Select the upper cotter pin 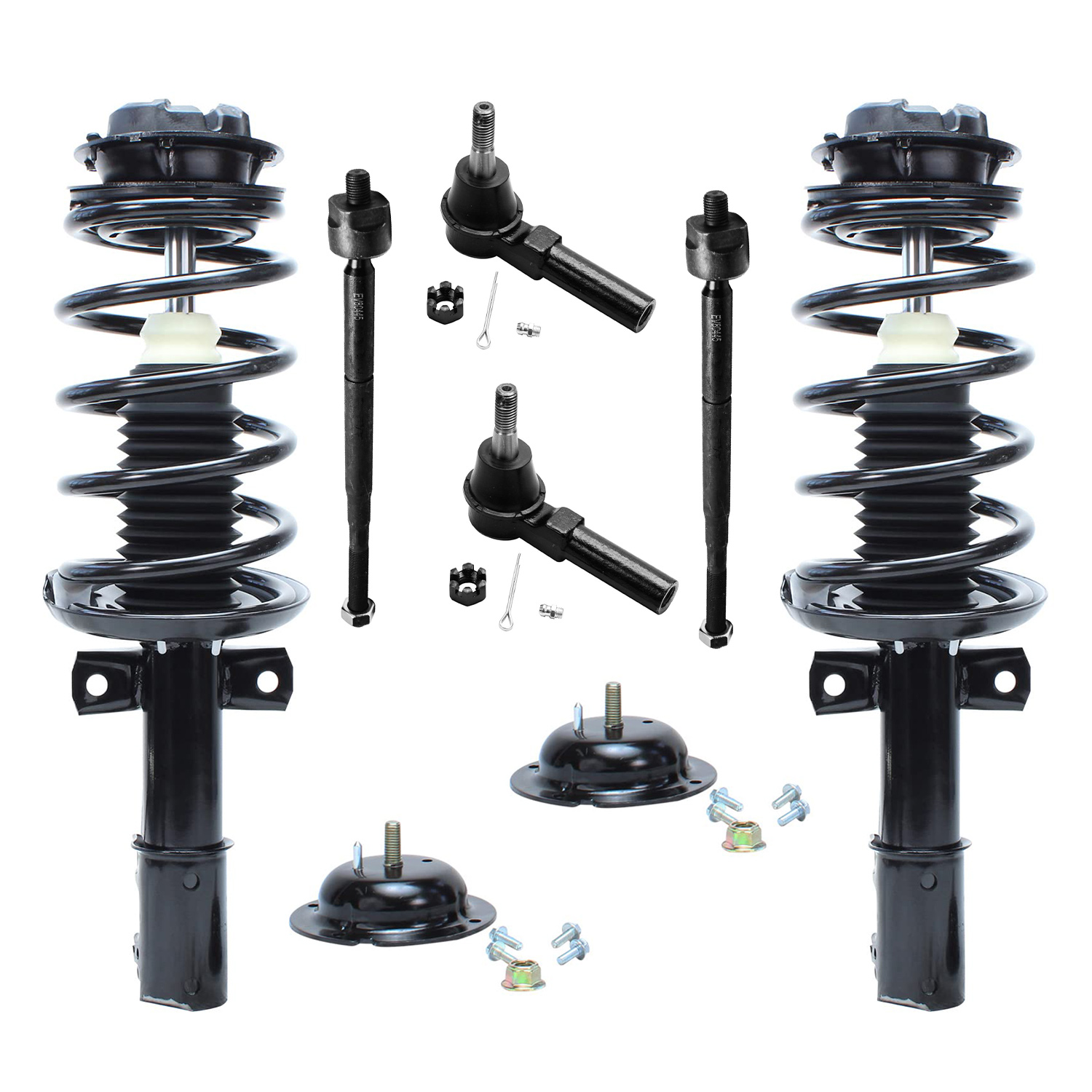pos(487,313)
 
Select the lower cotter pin pos(511,593)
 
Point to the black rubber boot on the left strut pos(178,466)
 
